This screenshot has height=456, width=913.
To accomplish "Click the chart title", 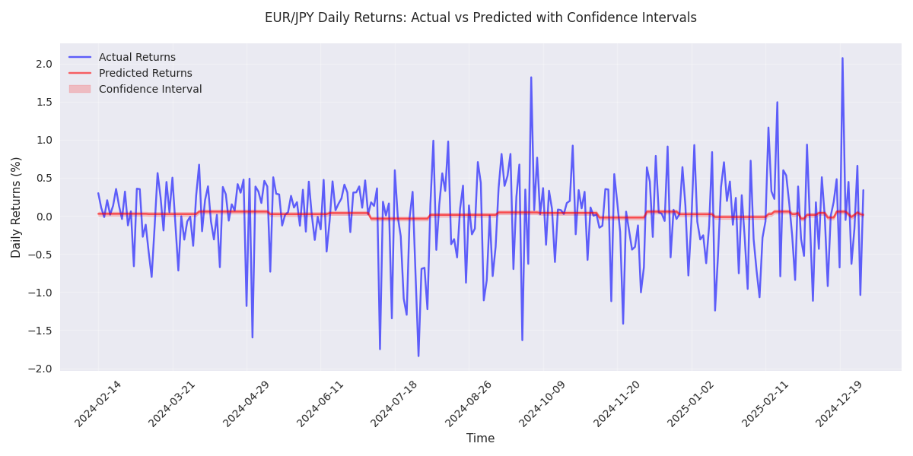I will (x=480, y=17).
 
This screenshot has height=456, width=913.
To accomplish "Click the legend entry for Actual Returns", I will (x=137, y=57).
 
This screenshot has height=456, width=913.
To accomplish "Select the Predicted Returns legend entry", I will (x=145, y=73).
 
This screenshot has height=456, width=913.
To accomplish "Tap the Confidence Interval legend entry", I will (x=150, y=89).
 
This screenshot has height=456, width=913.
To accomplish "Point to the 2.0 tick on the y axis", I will (x=43, y=64).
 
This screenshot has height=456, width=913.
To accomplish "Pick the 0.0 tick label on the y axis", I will (x=43, y=217).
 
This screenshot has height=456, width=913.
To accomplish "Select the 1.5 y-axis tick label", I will (x=43, y=102).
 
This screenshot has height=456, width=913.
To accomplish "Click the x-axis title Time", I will (x=480, y=439).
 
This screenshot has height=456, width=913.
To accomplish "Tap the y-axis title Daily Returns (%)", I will (x=17, y=207).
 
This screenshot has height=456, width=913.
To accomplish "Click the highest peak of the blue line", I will (x=842, y=58).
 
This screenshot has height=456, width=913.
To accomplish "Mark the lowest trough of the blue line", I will (x=418, y=356).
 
